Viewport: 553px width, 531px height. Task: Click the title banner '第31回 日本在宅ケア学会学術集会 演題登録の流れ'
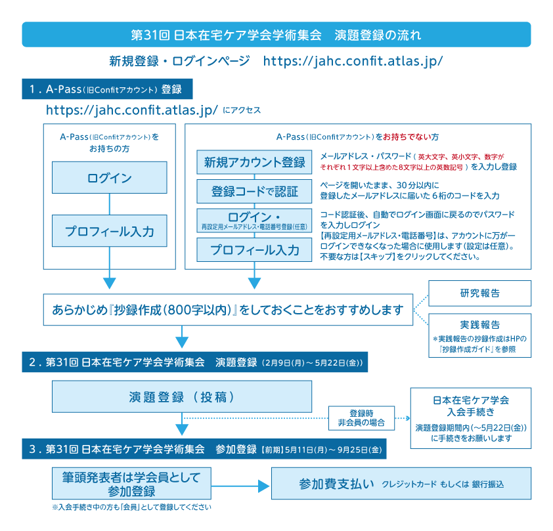point(276,34)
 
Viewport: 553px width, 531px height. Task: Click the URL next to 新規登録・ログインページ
point(353,61)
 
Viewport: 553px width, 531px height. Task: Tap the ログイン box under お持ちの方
point(110,179)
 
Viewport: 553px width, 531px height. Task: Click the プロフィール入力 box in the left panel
point(110,231)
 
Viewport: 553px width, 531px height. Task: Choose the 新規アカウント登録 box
point(255,162)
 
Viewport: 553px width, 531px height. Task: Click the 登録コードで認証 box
point(255,192)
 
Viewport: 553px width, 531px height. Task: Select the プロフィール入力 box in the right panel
point(255,249)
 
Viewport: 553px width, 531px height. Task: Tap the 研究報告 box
point(479,293)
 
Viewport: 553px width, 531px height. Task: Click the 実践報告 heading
point(479,325)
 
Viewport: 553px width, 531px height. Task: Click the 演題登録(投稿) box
point(182,397)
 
